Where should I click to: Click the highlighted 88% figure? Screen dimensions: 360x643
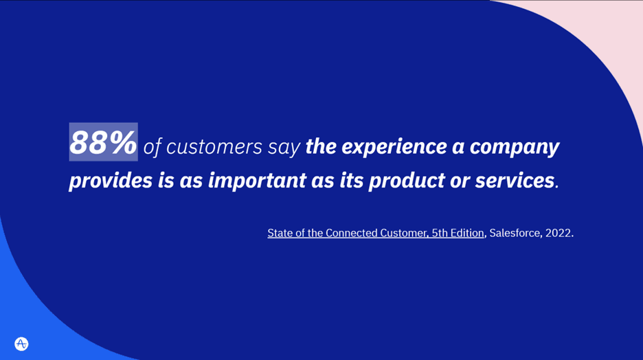(x=103, y=142)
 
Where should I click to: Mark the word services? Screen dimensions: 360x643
(x=515, y=181)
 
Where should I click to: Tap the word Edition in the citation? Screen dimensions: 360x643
(x=467, y=233)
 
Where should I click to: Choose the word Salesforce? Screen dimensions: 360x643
(x=515, y=233)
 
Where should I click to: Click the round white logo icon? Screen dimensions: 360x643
(x=21, y=344)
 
